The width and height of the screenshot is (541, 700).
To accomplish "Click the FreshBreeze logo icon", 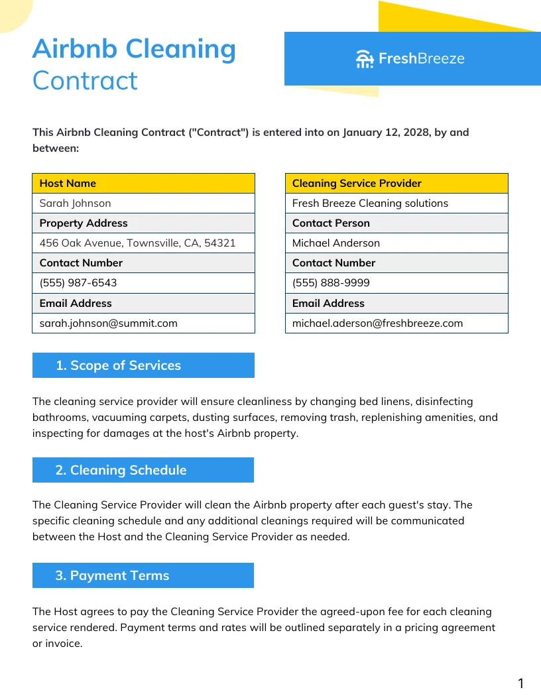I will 365,59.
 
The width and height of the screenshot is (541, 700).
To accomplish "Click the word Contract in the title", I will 85,81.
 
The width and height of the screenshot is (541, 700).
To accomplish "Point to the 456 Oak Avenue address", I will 137,243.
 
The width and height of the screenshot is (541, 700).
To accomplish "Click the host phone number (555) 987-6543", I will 78,283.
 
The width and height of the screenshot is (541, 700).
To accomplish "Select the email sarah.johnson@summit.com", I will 109,323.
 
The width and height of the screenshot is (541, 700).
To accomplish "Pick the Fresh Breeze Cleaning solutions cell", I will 370,204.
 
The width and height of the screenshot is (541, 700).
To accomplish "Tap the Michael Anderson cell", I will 336,243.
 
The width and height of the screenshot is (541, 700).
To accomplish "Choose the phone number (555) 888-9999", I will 331,283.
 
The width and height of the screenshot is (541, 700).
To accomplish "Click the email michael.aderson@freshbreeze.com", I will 377,323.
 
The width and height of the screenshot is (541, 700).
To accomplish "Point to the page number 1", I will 520,683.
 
